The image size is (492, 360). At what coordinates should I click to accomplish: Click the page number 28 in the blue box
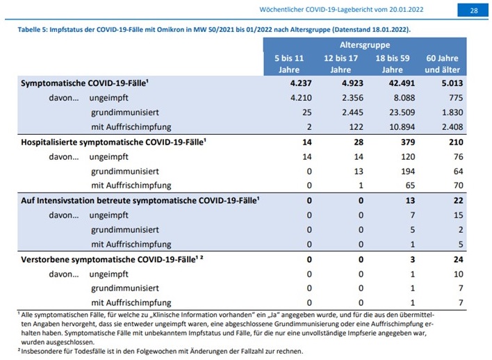coord(474,10)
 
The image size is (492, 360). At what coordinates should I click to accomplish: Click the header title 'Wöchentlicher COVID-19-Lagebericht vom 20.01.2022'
coord(341,10)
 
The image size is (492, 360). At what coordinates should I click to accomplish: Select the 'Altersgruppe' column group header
coord(365,45)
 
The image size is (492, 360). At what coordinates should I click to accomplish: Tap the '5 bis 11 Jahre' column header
coord(289,64)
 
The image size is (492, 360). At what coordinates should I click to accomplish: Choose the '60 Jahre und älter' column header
coord(443,64)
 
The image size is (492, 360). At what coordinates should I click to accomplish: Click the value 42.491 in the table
coord(402,83)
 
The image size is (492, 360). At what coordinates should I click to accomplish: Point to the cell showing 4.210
coord(301,97)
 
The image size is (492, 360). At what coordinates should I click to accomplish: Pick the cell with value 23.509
coord(402,112)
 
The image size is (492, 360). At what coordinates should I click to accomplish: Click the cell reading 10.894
coord(402,126)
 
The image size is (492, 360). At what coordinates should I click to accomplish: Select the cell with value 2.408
coord(452,126)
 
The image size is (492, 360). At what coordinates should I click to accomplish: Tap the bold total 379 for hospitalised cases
coord(408,142)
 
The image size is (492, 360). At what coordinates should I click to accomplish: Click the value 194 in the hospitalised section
coord(408,172)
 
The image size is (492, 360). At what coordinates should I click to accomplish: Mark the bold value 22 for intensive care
coord(458,201)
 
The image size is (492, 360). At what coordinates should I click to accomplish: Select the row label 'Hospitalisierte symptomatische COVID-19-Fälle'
coord(113,142)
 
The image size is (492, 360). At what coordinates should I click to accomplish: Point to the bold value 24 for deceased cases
coord(458,259)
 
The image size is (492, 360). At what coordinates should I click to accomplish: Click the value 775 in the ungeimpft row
coord(456,97)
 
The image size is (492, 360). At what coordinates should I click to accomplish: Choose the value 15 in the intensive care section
coord(458,215)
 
